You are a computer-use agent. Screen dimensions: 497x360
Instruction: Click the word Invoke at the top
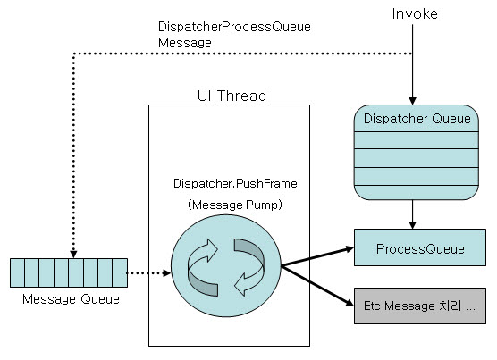coord(415,14)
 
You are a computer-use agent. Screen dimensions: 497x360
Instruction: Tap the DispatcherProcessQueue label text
coord(234,27)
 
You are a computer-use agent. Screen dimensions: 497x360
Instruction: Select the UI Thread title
coord(232,96)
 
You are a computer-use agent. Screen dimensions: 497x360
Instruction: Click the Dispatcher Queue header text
coord(417,119)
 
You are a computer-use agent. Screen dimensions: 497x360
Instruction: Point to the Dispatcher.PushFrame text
coord(235,184)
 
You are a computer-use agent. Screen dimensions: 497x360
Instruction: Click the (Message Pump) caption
coord(235,205)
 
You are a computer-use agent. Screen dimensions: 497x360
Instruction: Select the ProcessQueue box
coord(420,247)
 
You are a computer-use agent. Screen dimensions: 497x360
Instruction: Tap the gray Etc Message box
coord(420,306)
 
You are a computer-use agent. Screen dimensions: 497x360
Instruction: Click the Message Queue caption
coord(71,299)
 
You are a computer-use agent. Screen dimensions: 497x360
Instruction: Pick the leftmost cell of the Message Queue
coord(18,273)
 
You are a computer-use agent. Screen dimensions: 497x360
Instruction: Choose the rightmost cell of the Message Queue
coord(120,273)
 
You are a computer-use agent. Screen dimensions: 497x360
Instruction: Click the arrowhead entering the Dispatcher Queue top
coord(412,101)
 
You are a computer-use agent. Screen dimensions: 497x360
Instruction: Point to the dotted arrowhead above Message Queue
coord(73,255)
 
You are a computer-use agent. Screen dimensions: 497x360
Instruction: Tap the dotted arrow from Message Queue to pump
coord(148,273)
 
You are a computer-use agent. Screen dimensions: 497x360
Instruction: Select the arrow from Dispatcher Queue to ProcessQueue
coord(412,214)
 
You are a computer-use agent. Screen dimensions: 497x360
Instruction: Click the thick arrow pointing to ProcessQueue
coord(317,256)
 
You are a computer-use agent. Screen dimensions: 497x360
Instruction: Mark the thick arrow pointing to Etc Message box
coord(317,286)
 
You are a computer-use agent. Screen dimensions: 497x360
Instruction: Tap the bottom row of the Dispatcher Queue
coord(417,193)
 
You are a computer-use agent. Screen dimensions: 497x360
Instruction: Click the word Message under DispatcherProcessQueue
coord(185,43)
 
